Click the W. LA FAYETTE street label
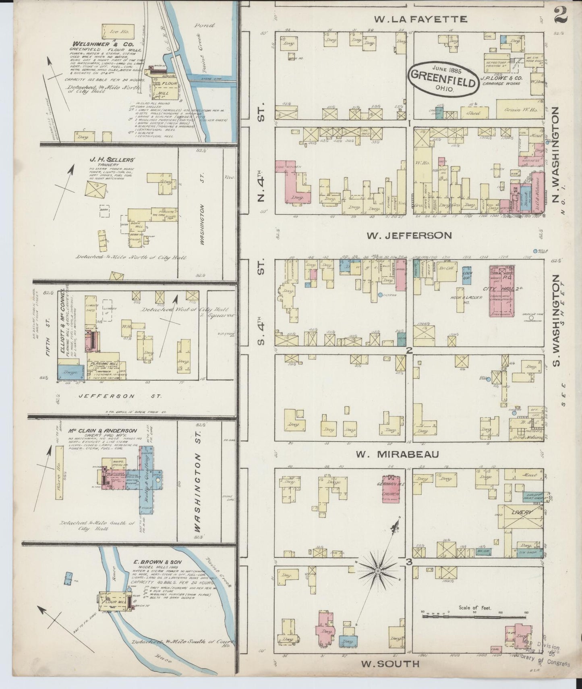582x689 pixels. tap(420, 19)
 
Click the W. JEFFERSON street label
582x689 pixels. tap(409, 235)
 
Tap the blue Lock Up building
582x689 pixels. tap(467, 276)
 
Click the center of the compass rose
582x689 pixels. tap(378, 571)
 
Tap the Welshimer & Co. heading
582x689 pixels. tap(97, 44)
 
